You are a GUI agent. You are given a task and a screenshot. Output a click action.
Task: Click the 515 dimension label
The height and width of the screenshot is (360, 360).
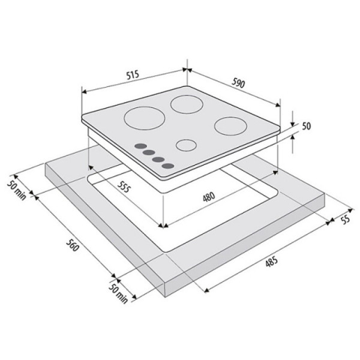pyautogui.click(x=133, y=75)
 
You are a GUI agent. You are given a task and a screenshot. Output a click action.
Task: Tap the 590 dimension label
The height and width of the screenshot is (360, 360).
pyautogui.click(x=238, y=83)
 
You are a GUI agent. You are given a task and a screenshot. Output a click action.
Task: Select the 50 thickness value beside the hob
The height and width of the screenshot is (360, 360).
pyautogui.click(x=306, y=126)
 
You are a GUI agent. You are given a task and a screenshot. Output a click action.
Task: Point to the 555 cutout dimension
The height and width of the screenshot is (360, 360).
pyautogui.click(x=124, y=187)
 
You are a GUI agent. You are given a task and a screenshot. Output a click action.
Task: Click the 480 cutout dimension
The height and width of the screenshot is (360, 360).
pyautogui.click(x=209, y=197)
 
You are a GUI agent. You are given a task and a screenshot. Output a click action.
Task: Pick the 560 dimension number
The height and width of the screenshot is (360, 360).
pyautogui.click(x=73, y=245)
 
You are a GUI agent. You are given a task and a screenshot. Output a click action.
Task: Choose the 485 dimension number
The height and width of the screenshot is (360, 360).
pyautogui.click(x=272, y=262)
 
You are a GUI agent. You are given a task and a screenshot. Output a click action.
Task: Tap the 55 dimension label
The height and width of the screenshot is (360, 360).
pyautogui.click(x=346, y=219)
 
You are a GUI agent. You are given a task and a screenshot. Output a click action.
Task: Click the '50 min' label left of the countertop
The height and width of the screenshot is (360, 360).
pyautogui.click(x=16, y=190)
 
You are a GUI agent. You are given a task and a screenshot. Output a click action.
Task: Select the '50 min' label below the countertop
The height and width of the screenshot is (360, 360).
pyautogui.click(x=118, y=293)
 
